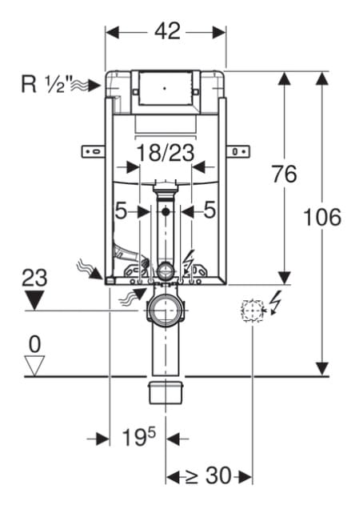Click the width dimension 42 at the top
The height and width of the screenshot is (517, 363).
167,32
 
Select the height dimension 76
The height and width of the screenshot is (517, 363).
284,174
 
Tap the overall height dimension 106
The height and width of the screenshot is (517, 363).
322,218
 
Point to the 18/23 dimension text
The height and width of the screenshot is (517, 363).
166,153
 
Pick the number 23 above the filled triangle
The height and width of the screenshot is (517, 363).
34,278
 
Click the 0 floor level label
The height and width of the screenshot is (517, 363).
34,345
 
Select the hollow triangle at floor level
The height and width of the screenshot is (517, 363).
34,365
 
